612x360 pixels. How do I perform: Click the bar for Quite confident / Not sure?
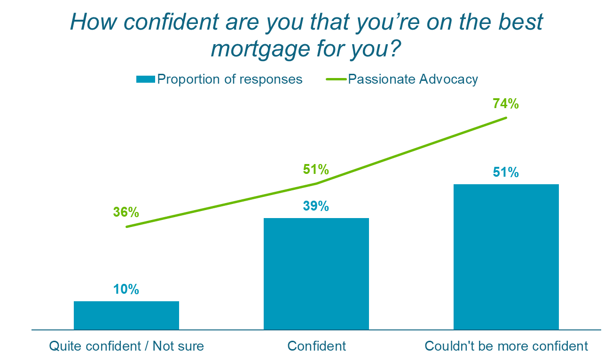126,315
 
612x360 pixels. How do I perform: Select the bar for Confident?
316,274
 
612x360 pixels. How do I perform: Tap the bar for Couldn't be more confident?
506,257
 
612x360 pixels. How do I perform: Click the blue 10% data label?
126,290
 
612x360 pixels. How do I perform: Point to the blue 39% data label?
316,206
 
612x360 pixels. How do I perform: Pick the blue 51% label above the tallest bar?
506,172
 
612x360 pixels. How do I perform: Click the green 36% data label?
126,212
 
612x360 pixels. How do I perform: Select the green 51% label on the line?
316,169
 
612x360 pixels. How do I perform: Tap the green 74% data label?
506,104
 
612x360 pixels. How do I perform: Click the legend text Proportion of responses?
229,79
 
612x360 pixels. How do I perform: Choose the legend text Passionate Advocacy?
413,79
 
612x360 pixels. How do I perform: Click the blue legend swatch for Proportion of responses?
145,79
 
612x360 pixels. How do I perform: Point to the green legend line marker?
336,79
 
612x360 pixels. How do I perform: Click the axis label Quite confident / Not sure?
126,346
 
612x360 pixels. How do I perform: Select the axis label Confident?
316,346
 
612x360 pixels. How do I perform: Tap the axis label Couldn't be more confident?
506,346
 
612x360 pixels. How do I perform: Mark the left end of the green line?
126,227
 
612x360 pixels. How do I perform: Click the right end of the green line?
506,117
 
